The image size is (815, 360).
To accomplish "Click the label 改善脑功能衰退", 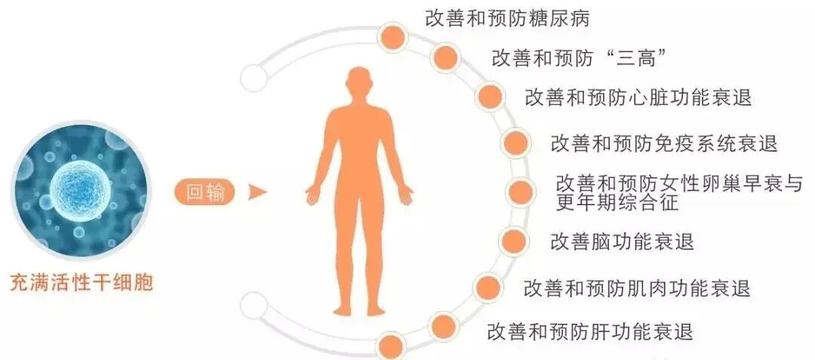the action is tap(622, 242).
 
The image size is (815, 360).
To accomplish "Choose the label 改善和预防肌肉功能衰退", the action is tap(636, 288).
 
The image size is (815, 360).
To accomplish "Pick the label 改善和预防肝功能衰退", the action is tap(590, 331).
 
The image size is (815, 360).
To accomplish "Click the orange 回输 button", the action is tap(205, 192).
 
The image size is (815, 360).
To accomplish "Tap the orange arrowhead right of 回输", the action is tap(258, 192).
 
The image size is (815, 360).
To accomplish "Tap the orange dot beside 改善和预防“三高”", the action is tap(445, 57).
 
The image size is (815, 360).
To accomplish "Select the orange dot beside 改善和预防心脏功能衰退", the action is tap(489, 96).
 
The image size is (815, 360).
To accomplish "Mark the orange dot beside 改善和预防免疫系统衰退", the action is tap(515, 142).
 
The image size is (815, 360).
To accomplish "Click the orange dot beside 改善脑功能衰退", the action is tap(513, 241).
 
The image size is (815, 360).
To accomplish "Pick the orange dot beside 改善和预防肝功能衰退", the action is tap(441, 328).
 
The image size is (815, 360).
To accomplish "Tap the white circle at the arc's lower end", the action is tap(254, 306).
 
